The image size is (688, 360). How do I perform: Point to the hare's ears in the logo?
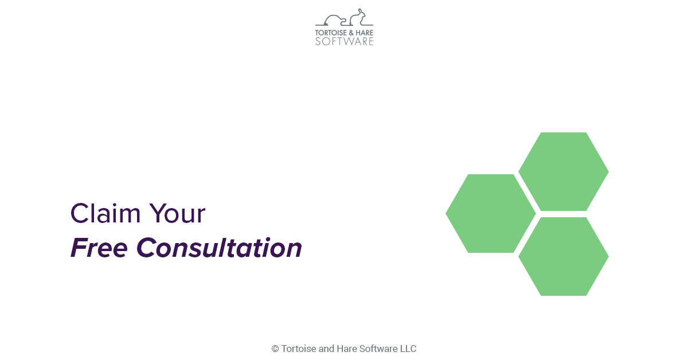tap(361, 11)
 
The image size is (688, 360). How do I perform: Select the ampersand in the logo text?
tap(352, 33)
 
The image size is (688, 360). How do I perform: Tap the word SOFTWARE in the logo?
tap(344, 41)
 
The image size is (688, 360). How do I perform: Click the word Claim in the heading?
tap(105, 213)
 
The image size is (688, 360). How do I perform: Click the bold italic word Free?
tap(100, 248)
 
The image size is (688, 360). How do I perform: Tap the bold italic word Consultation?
tap(220, 248)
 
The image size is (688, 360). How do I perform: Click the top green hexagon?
tap(563, 171)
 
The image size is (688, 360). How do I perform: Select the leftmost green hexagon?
tap(491, 213)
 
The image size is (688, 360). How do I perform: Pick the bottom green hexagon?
tap(563, 256)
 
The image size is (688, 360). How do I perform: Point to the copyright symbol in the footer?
tap(275, 349)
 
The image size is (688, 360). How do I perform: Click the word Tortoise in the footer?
tap(299, 349)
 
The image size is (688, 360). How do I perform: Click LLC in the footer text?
tap(408, 349)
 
